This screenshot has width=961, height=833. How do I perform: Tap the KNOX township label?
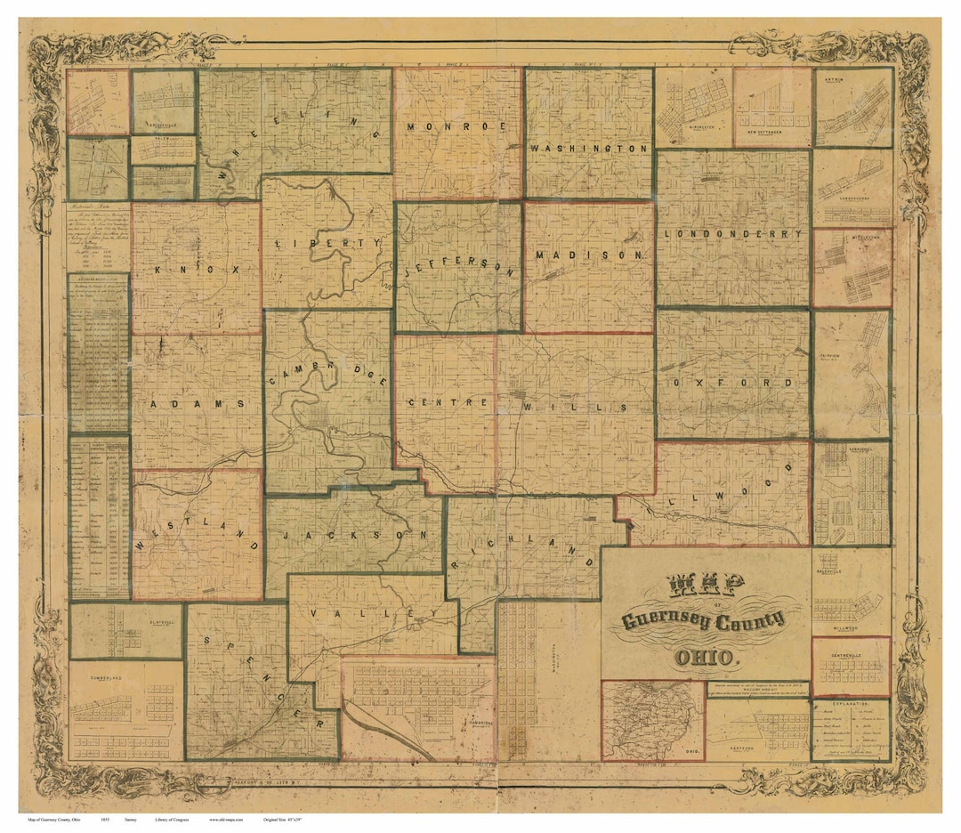pos(195,268)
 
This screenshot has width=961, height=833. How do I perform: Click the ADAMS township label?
pos(197,403)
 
